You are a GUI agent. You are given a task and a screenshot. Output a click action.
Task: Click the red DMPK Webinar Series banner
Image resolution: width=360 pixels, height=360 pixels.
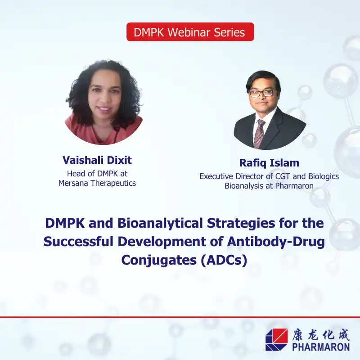pos(190,32)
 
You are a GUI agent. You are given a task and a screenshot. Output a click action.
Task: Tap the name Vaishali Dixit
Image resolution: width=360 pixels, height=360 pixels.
pos(97,160)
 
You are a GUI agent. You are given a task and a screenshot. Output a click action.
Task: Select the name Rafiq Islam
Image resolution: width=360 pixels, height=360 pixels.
pos(269,163)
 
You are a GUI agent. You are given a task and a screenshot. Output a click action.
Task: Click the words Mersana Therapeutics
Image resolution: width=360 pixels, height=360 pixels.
pos(97,183)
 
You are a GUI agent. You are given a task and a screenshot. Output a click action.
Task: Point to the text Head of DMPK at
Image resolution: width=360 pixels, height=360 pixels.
pos(97,173)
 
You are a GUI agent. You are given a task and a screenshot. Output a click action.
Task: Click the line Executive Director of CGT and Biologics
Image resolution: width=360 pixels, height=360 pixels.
pos(269,176)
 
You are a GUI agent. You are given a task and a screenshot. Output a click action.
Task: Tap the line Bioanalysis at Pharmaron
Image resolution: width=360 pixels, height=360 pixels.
pos(269,186)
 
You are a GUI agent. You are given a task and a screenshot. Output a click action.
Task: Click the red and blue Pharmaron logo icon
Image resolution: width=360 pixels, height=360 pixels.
pos(276,339)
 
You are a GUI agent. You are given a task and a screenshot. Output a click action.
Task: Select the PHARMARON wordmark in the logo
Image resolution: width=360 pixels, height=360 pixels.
pos(320,347)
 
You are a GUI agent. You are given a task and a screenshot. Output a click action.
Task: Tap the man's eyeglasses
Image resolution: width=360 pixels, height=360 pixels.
pos(262,93)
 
